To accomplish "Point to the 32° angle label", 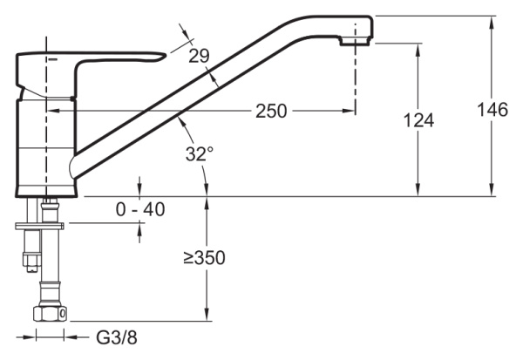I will pyautogui.click(x=199, y=154).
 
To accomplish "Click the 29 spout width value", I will pyautogui.click(x=199, y=57).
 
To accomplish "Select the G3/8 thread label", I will pyautogui.click(x=116, y=336).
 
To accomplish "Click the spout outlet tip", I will pyautogui.click(x=357, y=33).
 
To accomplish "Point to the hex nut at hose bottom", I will pyautogui.click(x=48, y=316).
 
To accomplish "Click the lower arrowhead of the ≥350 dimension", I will pyautogui.click(x=207, y=316).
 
